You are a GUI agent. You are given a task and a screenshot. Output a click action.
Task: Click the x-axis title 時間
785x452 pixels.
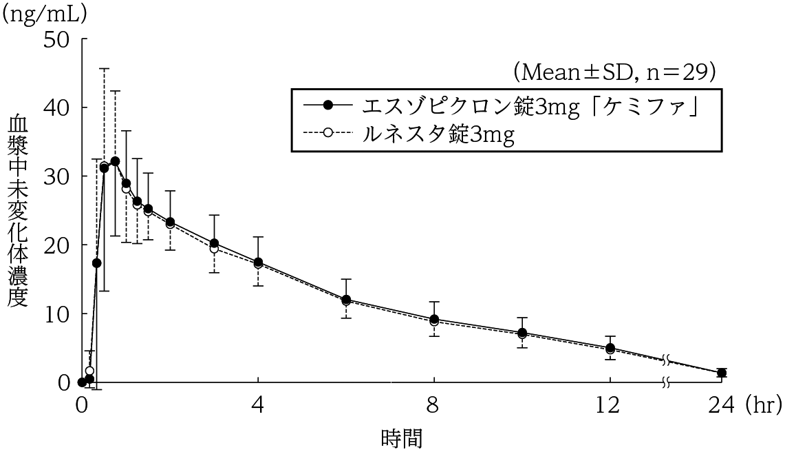coord(401,438)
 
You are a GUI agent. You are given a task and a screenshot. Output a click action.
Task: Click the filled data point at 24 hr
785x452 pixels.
coord(721,373)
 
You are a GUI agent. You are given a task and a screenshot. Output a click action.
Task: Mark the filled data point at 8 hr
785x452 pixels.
coord(434,320)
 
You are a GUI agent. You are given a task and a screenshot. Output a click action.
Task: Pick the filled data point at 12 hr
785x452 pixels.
coord(610,348)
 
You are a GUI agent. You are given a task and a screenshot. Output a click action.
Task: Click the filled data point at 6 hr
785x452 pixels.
coord(346,300)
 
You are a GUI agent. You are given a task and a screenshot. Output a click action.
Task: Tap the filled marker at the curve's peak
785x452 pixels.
coord(115,161)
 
